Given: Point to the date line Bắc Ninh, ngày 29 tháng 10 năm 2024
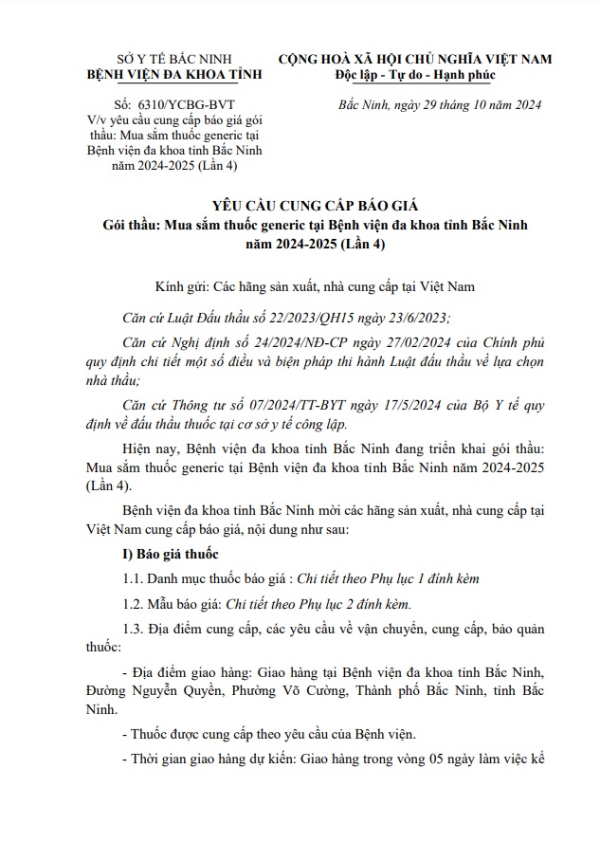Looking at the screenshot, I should (439, 104).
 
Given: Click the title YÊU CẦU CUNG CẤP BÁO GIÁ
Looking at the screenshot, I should (299, 206).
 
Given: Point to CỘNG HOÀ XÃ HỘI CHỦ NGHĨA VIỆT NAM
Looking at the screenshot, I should (414, 60).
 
